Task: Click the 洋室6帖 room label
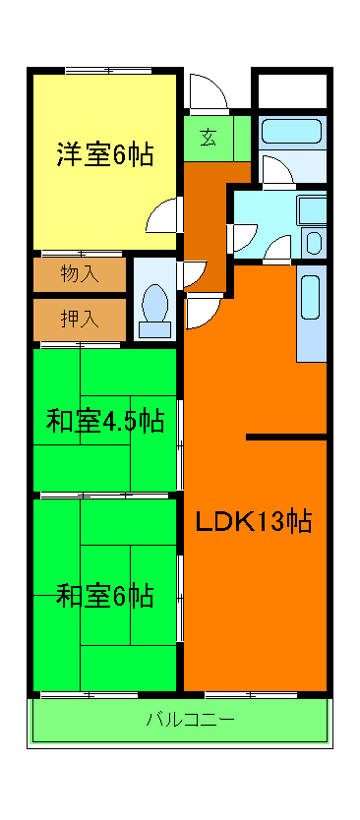click(x=104, y=154)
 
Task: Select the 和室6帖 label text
click(x=104, y=596)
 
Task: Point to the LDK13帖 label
click(x=253, y=521)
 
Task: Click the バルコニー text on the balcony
click(x=190, y=719)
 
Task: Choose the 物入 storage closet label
click(x=80, y=273)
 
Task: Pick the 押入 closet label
click(x=80, y=319)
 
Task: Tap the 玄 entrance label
click(x=209, y=137)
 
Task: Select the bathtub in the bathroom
click(x=292, y=133)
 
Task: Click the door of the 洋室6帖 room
click(x=162, y=213)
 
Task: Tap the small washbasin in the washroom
click(x=314, y=242)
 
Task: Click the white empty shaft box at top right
click(x=291, y=89)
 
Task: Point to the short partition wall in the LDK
click(x=285, y=436)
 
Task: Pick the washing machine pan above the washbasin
click(x=312, y=208)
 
